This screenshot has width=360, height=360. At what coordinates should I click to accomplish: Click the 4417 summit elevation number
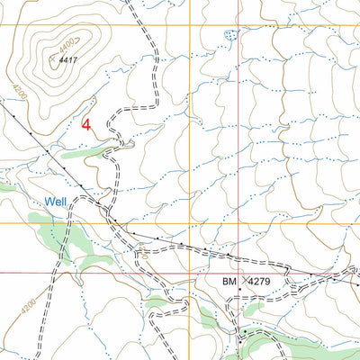(x=66, y=60)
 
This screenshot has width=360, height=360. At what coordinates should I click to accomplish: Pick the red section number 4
(x=86, y=125)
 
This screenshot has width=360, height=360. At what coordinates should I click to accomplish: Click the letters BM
(x=229, y=283)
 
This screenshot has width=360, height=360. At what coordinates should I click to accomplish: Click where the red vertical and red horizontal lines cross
(x=238, y=273)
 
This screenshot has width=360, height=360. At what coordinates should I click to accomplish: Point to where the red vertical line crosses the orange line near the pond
(x=238, y=24)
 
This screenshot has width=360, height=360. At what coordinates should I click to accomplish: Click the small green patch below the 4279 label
(x=254, y=308)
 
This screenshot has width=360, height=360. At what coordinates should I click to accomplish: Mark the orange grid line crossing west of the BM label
(x=188, y=222)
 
